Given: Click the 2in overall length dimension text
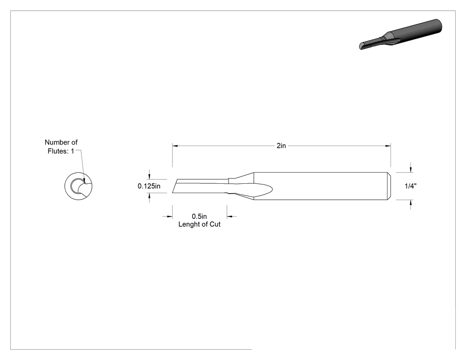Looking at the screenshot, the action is point(281,146).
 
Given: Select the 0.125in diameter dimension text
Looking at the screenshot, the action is point(149,186).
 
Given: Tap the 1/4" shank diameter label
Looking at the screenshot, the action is point(411,186).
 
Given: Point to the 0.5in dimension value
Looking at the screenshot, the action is point(199,217).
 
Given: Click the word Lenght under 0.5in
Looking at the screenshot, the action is point(189,225).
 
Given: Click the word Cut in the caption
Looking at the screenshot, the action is point(215,225).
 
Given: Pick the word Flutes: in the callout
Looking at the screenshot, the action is point(58,151).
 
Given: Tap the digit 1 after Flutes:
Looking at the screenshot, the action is point(72,151).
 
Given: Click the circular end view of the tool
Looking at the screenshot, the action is point(79,186).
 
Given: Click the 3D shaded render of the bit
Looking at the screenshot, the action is point(401,34).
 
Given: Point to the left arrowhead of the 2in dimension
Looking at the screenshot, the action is point(175,146).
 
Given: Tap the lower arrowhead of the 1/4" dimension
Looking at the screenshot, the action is point(411,203).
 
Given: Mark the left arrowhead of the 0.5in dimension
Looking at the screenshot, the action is point(170,217).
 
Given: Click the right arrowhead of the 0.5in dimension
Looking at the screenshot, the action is point(230,217).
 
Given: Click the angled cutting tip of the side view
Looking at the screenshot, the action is point(175,186).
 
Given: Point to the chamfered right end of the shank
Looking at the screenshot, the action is point(389,186).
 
